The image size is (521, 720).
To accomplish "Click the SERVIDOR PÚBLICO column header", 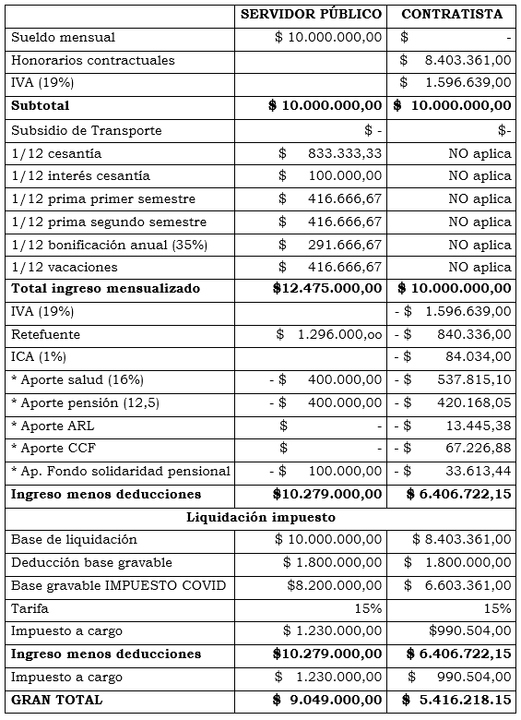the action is (x=311, y=14).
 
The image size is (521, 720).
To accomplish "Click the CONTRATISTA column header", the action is (x=452, y=14).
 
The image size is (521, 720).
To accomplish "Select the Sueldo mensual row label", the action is (x=64, y=37).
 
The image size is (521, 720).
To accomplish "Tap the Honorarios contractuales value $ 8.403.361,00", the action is (x=456, y=60).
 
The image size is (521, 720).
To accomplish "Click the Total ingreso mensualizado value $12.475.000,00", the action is (x=327, y=288).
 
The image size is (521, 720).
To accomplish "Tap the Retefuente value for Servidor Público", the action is (x=328, y=334).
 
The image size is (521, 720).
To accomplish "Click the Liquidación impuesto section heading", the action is (x=260, y=516).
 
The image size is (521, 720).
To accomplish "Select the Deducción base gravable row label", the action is (x=78, y=562).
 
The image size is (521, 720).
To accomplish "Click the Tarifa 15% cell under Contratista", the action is (x=496, y=608).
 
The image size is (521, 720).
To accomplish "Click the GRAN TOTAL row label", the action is (x=57, y=700).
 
